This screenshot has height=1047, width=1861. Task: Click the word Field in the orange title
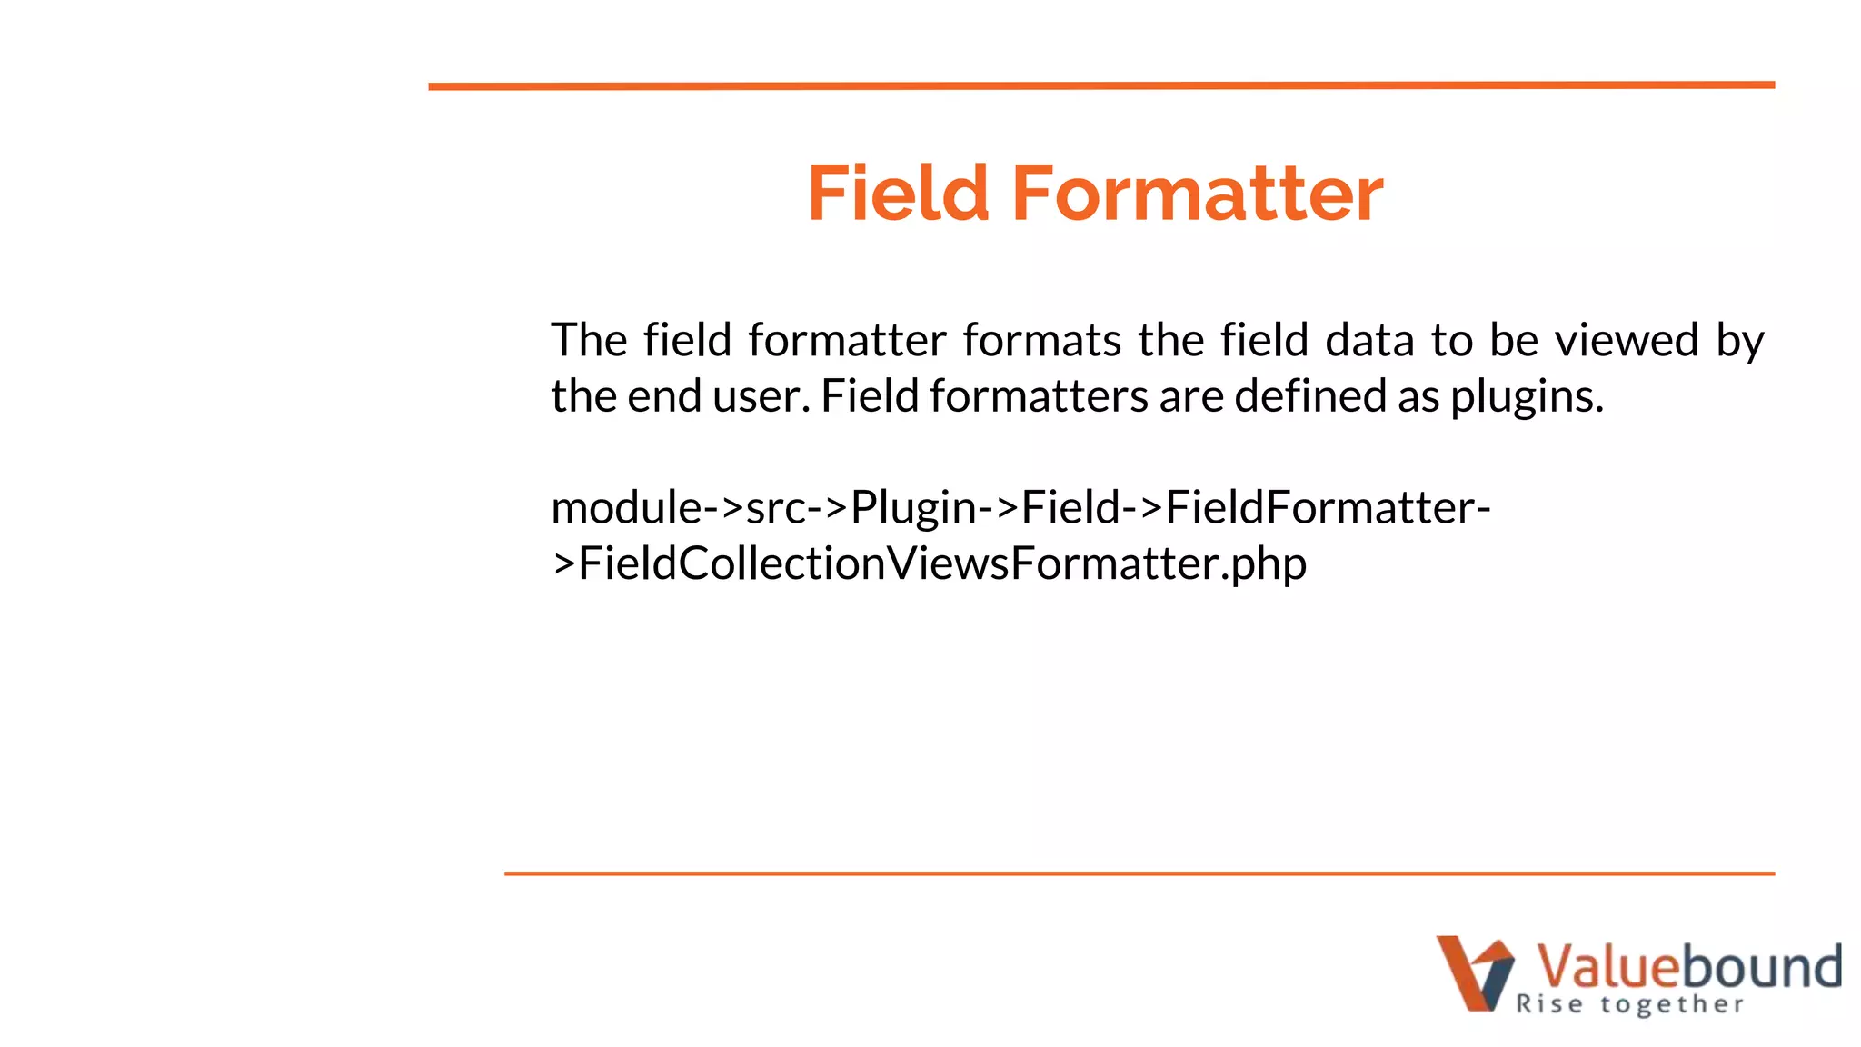pos(898,194)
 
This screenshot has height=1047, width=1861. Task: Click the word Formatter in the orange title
pos(1198,194)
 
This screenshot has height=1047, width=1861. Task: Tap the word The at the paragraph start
pos(589,341)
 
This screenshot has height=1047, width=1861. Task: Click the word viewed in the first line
pos(1627,341)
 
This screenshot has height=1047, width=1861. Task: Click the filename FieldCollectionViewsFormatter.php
pos(942,564)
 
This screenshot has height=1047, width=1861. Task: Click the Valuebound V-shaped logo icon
pos(1474,972)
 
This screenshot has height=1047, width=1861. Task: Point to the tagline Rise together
pos(1629,1004)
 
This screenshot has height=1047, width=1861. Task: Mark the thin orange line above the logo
pos(1139,873)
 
